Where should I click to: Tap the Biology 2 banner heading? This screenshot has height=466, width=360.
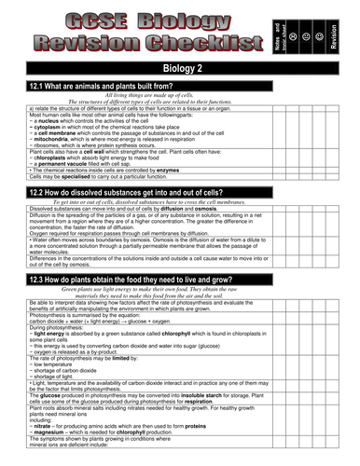click(179, 69)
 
